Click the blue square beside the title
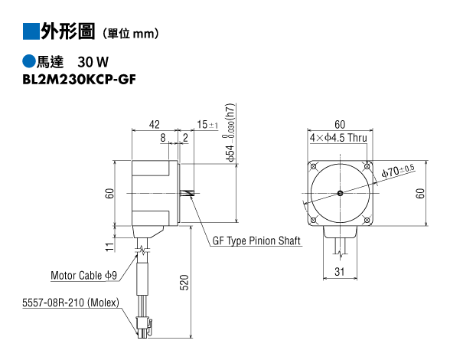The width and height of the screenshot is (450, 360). click(x=31, y=31)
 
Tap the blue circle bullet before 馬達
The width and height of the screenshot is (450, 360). click(x=29, y=61)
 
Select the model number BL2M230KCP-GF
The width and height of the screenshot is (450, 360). click(x=79, y=80)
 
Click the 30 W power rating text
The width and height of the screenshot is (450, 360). click(x=93, y=62)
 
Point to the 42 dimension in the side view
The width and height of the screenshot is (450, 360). click(x=155, y=124)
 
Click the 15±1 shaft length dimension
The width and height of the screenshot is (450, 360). click(x=207, y=125)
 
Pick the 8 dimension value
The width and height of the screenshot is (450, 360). click(x=163, y=138)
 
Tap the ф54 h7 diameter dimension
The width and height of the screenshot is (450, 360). click(x=230, y=133)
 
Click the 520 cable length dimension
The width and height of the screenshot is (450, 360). click(x=184, y=283)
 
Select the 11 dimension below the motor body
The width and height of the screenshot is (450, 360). click(x=110, y=247)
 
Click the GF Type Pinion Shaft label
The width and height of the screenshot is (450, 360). click(x=256, y=241)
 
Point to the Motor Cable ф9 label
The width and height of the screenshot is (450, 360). click(x=84, y=275)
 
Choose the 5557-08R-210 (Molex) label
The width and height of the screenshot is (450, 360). click(x=70, y=303)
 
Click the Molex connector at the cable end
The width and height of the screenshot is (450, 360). click(x=144, y=327)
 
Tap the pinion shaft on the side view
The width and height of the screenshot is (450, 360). click(x=186, y=193)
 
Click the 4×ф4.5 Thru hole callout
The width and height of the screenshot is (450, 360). click(x=338, y=138)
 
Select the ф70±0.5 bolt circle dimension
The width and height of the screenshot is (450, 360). click(x=398, y=171)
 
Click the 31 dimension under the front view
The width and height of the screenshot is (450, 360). click(x=340, y=271)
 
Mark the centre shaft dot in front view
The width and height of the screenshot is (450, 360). click(x=340, y=193)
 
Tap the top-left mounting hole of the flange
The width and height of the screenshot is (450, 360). click(x=314, y=167)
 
